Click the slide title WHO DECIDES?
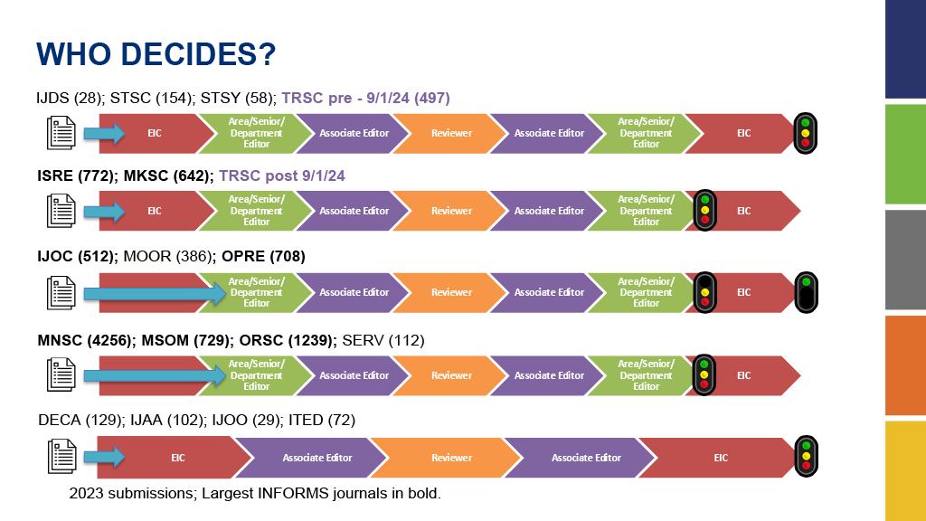(x=156, y=54)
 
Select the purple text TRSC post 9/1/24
(x=282, y=176)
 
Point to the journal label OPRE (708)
(x=263, y=256)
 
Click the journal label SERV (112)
(x=383, y=341)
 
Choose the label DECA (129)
(x=80, y=420)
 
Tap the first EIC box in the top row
(x=155, y=134)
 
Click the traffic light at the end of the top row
(x=806, y=134)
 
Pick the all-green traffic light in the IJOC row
(x=806, y=292)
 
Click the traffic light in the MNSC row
(x=704, y=375)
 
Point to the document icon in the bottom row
(x=62, y=457)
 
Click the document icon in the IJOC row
(x=61, y=292)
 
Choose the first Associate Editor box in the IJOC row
(x=354, y=292)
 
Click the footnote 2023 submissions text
(x=255, y=493)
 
